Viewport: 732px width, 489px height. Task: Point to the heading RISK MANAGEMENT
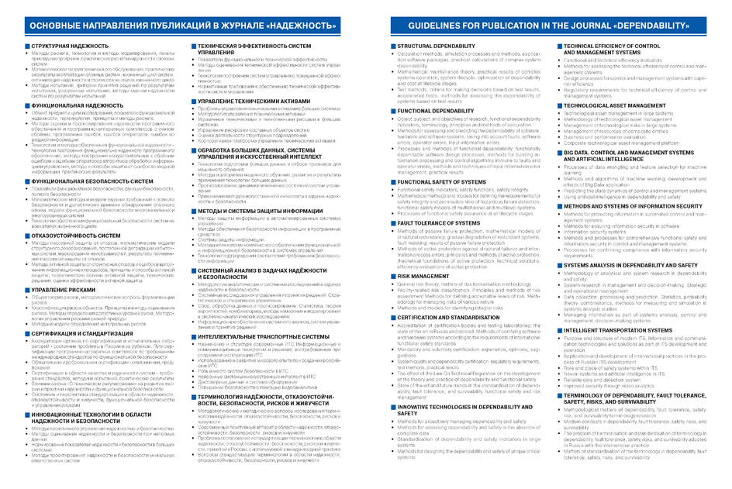click(x=423, y=275)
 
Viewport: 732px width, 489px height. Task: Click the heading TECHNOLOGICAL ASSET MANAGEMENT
click(x=615, y=105)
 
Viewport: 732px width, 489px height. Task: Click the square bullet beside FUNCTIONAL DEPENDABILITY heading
click(x=392, y=111)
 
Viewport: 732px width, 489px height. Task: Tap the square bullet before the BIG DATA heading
click(x=560, y=153)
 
